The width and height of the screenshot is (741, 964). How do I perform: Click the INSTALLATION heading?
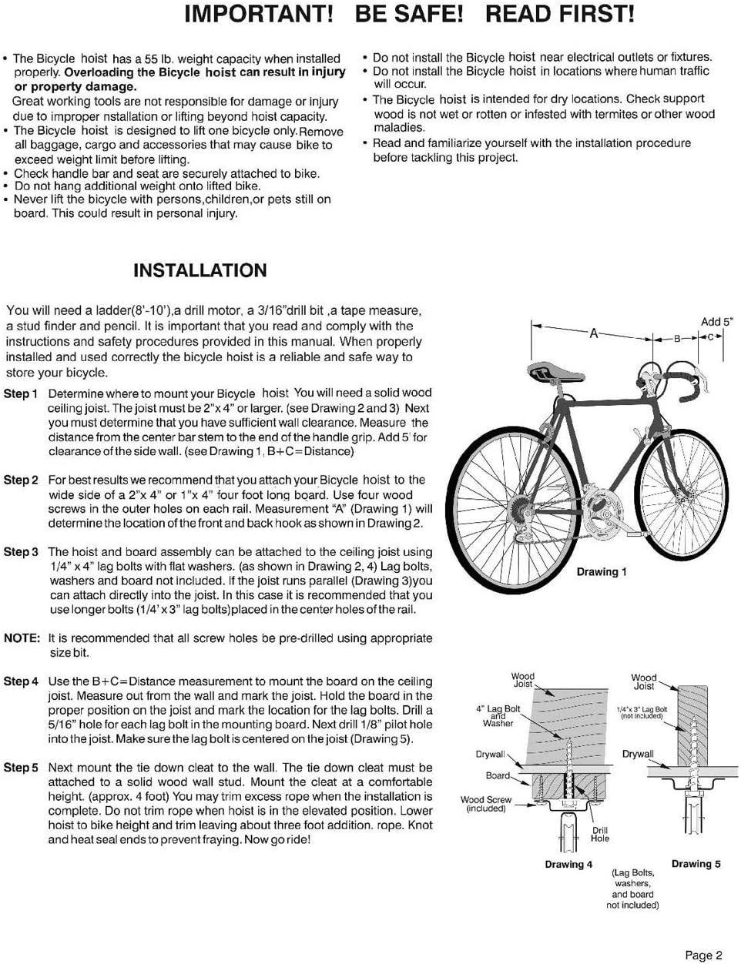coord(200,270)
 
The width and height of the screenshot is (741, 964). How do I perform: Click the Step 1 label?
coord(21,393)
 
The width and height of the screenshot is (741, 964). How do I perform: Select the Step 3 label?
coord(21,552)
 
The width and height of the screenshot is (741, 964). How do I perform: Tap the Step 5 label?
coord(21,768)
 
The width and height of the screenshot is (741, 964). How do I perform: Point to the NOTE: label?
coord(22,638)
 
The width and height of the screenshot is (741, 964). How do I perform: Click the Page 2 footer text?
coord(703,955)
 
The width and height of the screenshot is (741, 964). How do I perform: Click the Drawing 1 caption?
coord(602,572)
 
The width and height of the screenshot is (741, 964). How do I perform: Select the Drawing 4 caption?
coord(568,865)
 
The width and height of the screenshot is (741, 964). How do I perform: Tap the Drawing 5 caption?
coord(696,864)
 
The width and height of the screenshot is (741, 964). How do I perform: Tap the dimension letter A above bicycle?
coord(593,333)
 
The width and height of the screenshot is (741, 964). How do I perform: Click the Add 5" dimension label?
coord(716,322)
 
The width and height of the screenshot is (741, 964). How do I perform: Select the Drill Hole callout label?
coord(600,835)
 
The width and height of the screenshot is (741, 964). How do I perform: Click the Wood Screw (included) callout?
coord(486,804)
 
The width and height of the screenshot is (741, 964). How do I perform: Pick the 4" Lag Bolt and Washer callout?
coord(498,716)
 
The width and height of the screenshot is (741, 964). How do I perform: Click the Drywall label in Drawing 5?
coord(638,754)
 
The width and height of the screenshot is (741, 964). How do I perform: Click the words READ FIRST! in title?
coord(560,14)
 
